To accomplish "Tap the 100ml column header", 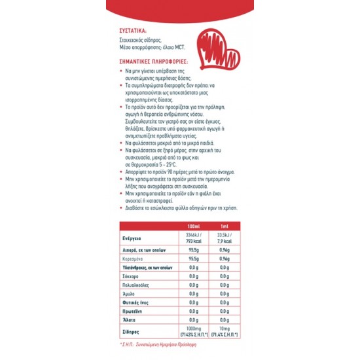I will [x=192, y=226].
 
